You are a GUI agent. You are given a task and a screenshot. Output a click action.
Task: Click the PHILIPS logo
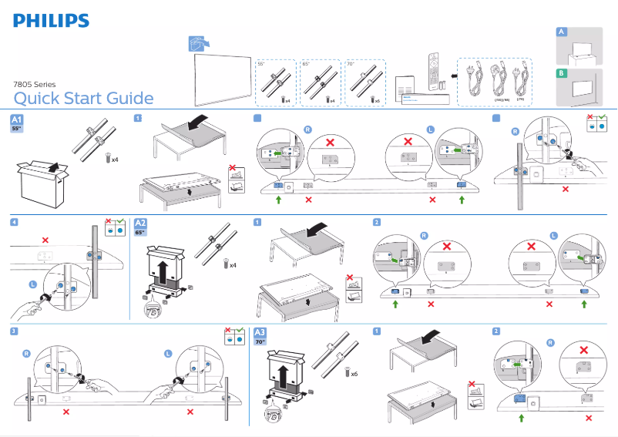point(51,20)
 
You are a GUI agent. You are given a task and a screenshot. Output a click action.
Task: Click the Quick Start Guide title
point(83,98)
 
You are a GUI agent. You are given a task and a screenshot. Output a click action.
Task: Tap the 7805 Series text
point(35,82)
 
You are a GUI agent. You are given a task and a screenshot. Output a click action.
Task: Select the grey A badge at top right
point(562,32)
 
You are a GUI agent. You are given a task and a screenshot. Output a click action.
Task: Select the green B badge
point(562,74)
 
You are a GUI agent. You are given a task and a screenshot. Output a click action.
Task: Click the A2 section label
point(140,226)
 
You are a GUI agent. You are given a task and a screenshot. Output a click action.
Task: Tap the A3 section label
point(260,334)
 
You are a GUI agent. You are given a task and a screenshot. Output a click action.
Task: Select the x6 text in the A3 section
point(354,374)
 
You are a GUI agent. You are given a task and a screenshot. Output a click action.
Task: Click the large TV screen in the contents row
point(223,77)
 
